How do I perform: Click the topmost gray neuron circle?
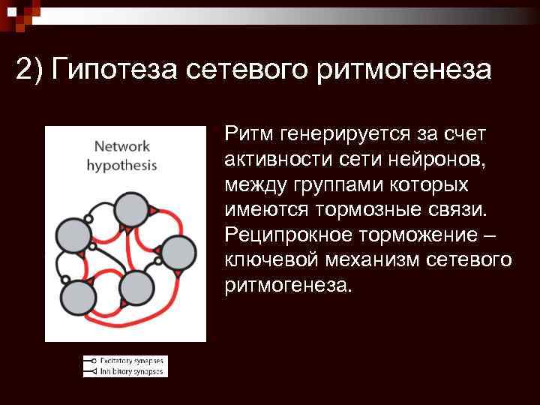click(x=131, y=207)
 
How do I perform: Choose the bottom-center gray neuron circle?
click(x=135, y=287)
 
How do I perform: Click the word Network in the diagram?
click(x=121, y=146)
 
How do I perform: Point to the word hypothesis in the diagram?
click(x=121, y=165)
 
